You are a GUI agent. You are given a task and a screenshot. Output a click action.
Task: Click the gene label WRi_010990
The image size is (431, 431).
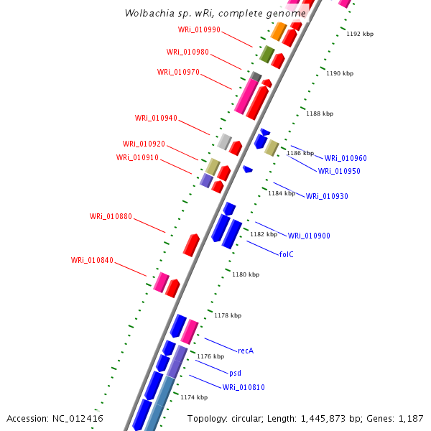(199, 30)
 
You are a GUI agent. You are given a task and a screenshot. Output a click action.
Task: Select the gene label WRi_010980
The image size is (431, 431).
(187, 52)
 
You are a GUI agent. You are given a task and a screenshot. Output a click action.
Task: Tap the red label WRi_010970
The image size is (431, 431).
(178, 72)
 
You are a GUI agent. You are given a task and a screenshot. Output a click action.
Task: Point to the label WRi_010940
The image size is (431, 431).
(156, 119)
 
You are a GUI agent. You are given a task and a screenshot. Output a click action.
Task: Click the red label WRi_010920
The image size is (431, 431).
(144, 144)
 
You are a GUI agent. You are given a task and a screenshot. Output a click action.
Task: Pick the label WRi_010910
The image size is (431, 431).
(137, 158)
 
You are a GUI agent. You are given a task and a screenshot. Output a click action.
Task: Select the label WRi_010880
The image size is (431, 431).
(111, 216)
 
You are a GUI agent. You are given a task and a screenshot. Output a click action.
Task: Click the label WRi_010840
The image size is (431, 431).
(92, 260)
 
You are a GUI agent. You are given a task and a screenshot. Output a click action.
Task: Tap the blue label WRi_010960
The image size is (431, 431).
(346, 158)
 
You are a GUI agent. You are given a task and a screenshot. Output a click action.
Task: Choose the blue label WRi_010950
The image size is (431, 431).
(339, 172)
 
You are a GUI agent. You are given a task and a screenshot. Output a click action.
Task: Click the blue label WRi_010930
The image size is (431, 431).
(327, 197)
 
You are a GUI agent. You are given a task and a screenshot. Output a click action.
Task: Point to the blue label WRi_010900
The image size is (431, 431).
(309, 236)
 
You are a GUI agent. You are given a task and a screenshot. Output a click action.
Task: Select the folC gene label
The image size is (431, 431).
(287, 254)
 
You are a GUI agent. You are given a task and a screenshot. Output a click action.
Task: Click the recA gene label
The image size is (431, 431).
(246, 351)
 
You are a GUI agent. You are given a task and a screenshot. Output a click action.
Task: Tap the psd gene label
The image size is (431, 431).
(235, 374)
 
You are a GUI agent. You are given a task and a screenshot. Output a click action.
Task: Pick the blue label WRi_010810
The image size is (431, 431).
(244, 388)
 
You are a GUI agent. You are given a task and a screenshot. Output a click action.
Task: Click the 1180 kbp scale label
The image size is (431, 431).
(246, 274)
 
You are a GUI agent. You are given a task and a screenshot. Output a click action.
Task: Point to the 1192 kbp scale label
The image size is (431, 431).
(360, 34)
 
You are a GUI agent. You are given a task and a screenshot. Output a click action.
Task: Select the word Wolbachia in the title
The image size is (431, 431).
(146, 13)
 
